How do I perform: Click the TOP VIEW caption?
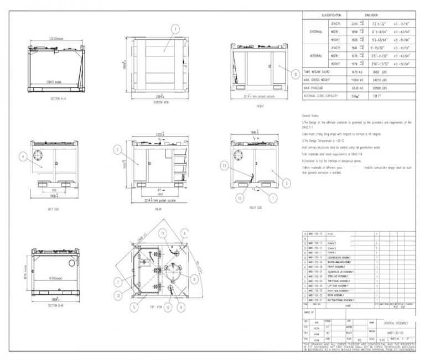click(x=157, y=305)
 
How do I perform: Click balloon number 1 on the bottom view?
click(x=175, y=29)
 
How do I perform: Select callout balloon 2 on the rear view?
click(x=118, y=149)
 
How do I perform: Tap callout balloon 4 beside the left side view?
click(x=23, y=156)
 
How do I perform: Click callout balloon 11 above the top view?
click(x=163, y=234)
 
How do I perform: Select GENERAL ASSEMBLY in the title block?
click(x=395, y=322)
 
